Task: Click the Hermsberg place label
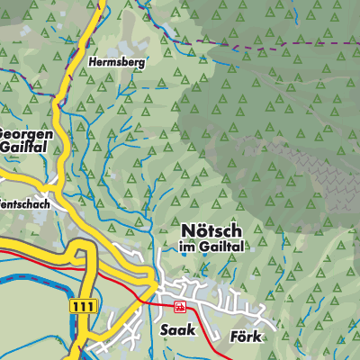point(117,64)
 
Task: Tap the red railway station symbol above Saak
point(180,307)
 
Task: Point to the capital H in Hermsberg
point(94,64)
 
